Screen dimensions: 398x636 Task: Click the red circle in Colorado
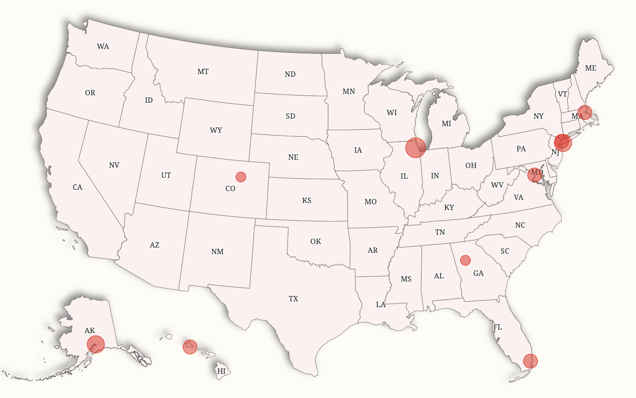pyautogui.click(x=241, y=177)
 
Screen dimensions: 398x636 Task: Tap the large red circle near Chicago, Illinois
pyautogui.click(x=415, y=147)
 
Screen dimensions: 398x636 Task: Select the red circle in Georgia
pyautogui.click(x=465, y=260)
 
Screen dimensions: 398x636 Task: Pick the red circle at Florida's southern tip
pyautogui.click(x=531, y=361)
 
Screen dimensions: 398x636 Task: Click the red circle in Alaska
pyautogui.click(x=96, y=344)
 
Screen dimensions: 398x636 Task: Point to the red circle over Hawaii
pyautogui.click(x=190, y=347)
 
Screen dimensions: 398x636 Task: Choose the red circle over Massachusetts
pyautogui.click(x=585, y=113)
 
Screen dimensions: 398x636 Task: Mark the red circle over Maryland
pyautogui.click(x=535, y=175)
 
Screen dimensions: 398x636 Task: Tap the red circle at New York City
pyautogui.click(x=563, y=143)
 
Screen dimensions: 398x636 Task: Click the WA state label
pyautogui.click(x=103, y=46)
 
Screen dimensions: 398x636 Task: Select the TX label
pyautogui.click(x=293, y=299)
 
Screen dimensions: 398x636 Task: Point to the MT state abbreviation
pyautogui.click(x=203, y=71)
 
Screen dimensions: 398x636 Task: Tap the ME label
pyautogui.click(x=591, y=68)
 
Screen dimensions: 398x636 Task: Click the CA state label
pyautogui.click(x=78, y=187)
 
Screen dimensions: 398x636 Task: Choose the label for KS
pyautogui.click(x=307, y=200)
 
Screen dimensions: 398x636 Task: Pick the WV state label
pyautogui.click(x=497, y=185)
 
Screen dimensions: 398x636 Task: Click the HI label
pyautogui.click(x=221, y=371)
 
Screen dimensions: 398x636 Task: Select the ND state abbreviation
pyautogui.click(x=290, y=74)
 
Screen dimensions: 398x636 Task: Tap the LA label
pyautogui.click(x=381, y=304)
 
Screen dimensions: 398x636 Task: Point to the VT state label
pyautogui.click(x=562, y=94)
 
